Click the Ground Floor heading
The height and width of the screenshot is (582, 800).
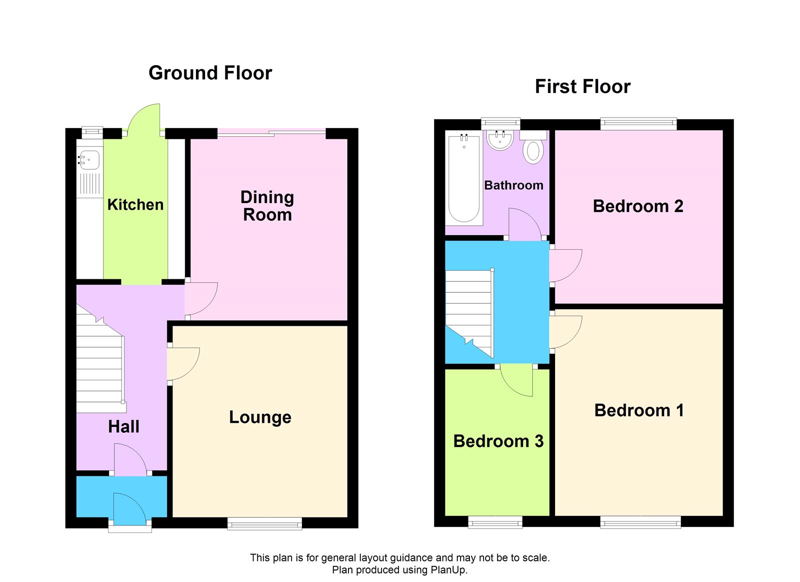210,73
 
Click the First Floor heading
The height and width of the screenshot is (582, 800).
582,87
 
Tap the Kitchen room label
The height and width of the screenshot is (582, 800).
135,205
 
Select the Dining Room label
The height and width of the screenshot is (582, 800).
267,206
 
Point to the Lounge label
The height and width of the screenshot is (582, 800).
260,417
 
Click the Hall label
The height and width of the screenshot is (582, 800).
123,426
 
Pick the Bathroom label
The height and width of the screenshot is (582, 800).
513,185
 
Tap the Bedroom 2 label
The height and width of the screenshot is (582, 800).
638,206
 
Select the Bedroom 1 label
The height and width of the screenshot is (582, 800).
639,410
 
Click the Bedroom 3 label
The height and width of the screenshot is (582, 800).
498,441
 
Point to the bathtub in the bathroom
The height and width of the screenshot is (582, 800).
464,179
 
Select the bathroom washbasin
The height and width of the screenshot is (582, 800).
500,140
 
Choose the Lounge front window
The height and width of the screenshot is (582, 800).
264,524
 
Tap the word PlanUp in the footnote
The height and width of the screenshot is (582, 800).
448,570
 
